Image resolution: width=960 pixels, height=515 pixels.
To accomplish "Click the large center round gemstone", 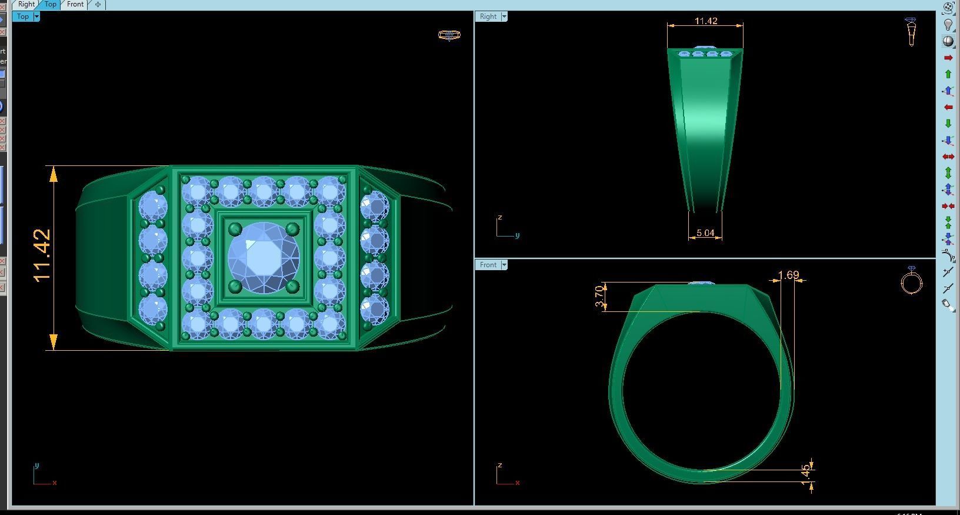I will (x=264, y=257).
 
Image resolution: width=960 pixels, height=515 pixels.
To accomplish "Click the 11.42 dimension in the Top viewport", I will (x=42, y=255).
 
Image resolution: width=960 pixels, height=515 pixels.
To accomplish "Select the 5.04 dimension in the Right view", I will (x=705, y=233).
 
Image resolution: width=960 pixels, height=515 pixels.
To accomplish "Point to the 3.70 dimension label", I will (x=599, y=296).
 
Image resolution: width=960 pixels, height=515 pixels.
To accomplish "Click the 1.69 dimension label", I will (x=788, y=275).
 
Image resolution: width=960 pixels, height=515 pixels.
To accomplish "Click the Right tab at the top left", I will (x=26, y=4).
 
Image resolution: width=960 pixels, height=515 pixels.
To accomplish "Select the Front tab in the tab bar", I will (x=75, y=4).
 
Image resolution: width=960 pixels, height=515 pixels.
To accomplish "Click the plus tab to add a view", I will (x=98, y=4).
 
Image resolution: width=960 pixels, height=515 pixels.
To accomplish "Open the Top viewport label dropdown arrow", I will (x=36, y=16).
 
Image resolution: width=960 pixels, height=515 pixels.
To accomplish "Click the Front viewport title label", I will (x=488, y=265).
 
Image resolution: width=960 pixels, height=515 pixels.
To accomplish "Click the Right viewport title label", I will (x=488, y=16).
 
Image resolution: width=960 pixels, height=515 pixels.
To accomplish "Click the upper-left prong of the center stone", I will (x=235, y=228).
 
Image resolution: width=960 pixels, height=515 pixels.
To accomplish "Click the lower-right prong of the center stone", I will (x=292, y=287).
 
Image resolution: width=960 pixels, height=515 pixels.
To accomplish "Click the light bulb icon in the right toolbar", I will (x=948, y=25).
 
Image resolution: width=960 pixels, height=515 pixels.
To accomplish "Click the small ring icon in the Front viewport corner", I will (x=911, y=282).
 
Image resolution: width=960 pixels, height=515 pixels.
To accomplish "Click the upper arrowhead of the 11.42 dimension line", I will (x=54, y=173).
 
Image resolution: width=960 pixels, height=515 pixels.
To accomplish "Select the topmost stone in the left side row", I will (x=153, y=207).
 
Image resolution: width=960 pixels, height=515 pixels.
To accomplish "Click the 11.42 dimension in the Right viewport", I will (x=705, y=21).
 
